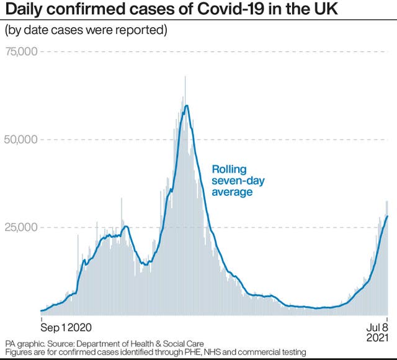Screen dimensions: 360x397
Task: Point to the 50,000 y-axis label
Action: tap(20, 139)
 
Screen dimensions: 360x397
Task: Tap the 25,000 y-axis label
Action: tap(20, 227)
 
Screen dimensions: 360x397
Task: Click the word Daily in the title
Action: tap(23, 11)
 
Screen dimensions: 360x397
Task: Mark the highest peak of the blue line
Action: tap(186, 105)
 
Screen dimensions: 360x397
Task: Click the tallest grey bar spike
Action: tap(185, 77)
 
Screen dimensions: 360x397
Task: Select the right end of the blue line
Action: tap(388, 216)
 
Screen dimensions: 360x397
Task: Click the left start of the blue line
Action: tap(41, 311)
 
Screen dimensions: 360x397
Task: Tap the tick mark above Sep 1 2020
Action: tap(41, 317)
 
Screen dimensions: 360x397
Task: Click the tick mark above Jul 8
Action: tap(388, 317)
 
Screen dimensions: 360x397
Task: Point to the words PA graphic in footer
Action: tap(24, 343)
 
